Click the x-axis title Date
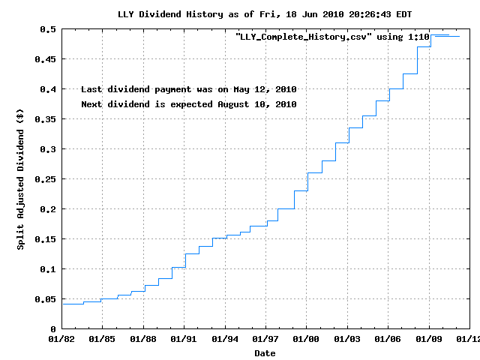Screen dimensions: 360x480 coord(265,352)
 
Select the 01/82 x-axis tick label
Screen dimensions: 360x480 coord(62,339)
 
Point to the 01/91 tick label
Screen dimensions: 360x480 coord(184,339)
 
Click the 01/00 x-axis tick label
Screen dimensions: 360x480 coord(307,339)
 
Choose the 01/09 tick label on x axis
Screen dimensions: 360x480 coord(429,339)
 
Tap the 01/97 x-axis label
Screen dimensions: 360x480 coord(266,339)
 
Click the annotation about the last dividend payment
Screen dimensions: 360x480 coord(188,89)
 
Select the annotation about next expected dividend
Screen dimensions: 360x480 coord(188,104)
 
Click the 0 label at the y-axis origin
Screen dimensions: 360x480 coord(53,329)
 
